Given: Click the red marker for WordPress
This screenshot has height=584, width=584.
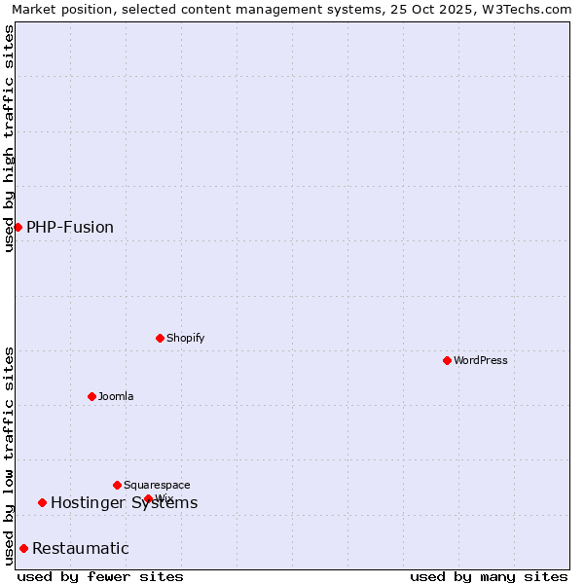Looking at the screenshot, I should tap(447, 360).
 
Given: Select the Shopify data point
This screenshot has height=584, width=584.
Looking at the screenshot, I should tap(160, 338).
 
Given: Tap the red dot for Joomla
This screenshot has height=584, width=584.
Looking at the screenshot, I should tap(91, 396).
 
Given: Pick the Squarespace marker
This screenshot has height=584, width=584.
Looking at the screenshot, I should tap(117, 485).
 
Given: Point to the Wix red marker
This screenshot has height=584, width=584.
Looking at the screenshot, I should tap(148, 498).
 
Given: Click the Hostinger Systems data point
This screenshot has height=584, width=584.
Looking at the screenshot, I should tap(42, 502).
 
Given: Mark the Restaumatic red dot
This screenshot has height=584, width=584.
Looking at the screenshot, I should tap(23, 548).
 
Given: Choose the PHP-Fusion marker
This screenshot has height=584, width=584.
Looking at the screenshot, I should tap(18, 227).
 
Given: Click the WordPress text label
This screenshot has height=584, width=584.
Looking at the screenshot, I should tap(481, 360).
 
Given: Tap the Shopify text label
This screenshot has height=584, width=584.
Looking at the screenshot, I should tap(186, 338).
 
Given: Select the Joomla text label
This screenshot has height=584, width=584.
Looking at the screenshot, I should tap(116, 396).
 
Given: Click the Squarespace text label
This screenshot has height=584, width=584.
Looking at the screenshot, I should tap(157, 485).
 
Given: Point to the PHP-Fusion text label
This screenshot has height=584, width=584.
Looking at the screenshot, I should tap(70, 227).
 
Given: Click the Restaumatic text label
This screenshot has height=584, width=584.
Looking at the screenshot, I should tap(81, 548).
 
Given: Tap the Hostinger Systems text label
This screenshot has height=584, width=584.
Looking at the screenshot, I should tap(125, 502).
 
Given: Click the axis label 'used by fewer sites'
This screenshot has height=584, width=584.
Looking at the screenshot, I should tap(100, 576).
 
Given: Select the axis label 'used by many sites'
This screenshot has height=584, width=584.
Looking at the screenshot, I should tap(489, 576).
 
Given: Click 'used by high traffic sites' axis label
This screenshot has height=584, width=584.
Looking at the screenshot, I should tap(9, 138).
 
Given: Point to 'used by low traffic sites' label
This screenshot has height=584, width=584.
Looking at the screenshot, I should tap(9, 456).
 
